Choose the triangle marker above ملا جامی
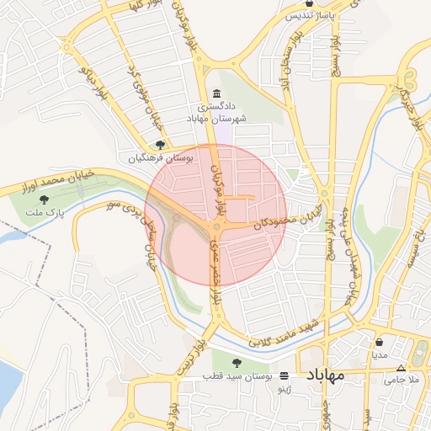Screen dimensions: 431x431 coord(400,368)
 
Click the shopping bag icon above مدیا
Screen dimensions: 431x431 coord(379,343)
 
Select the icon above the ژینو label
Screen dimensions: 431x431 coord(284,375)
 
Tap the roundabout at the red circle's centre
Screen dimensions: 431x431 coord(216,226)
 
